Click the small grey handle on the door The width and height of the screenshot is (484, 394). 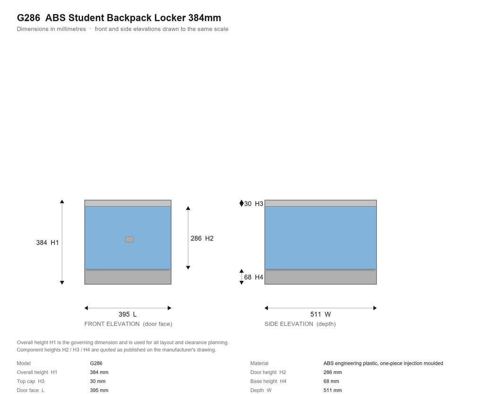pyautogui.click(x=130, y=239)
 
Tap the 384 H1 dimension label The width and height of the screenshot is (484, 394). pyautogui.click(x=47, y=243)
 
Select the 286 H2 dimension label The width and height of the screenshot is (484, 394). pyautogui.click(x=202, y=238)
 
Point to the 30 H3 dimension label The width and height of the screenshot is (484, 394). pyautogui.click(x=253, y=204)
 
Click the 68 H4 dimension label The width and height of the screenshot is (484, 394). pyautogui.click(x=253, y=277)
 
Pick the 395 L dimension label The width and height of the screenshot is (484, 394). pyautogui.click(x=128, y=315)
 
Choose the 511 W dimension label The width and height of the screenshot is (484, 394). pyautogui.click(x=320, y=315)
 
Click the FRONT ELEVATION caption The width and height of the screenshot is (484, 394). pyautogui.click(x=128, y=324)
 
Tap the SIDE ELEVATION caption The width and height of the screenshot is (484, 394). pyautogui.click(x=300, y=324)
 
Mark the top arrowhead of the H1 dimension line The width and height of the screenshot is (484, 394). pyautogui.click(x=62, y=201)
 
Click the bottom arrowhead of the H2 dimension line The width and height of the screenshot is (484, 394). pyautogui.click(x=188, y=267)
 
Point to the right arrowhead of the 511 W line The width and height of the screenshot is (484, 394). pyautogui.click(x=375, y=308)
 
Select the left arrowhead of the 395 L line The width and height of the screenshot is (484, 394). pyautogui.click(x=86, y=308)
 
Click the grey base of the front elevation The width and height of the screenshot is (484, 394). pyautogui.click(x=128, y=277)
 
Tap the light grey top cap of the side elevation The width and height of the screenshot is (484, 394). pyautogui.click(x=320, y=203)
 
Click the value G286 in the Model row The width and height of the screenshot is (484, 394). pyautogui.click(x=96, y=363)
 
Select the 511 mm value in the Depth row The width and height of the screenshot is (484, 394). pyautogui.click(x=332, y=390)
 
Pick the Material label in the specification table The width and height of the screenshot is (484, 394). pyautogui.click(x=259, y=363)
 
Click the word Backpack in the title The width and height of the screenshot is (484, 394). pyautogui.click(x=130, y=18)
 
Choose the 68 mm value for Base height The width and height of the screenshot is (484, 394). pyautogui.click(x=331, y=381)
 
